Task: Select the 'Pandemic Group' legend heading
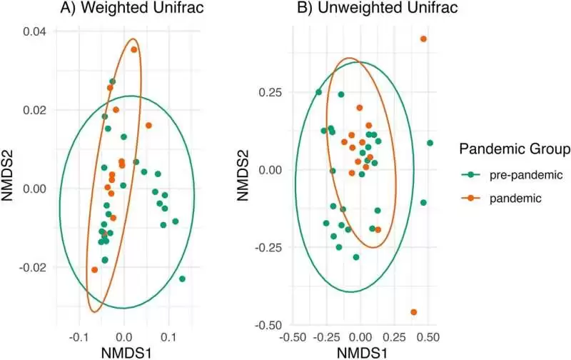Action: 514,149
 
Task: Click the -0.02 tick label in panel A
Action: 33,267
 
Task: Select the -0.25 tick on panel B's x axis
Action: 326,336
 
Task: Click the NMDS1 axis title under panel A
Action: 124,352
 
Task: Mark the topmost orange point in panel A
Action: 133,49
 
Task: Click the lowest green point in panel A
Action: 183,279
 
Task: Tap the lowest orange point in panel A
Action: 95,270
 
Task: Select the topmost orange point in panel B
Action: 423,39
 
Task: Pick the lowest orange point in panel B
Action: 414,312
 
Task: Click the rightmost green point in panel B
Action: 430,143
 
